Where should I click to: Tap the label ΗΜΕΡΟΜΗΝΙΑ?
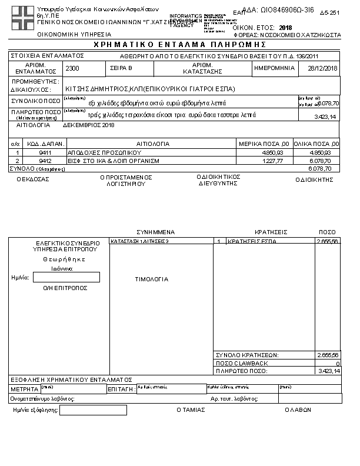point(274,68)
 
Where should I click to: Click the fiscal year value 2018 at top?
point(286,28)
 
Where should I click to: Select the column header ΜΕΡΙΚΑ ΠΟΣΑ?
point(263,144)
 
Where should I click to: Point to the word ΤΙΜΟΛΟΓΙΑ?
point(152,279)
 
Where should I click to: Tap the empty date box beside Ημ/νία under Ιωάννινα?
point(66,277)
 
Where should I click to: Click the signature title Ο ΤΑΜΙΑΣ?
point(191,410)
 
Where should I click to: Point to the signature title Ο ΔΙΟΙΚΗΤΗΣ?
point(318,180)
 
